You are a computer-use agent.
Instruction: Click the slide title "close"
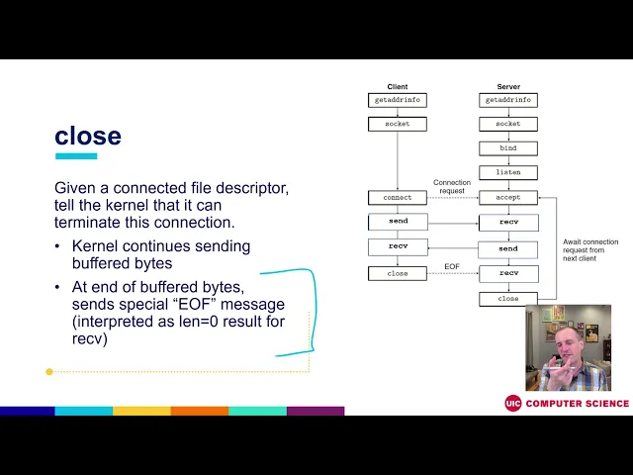pyautogui.click(x=88, y=136)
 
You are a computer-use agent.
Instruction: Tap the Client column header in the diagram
pyautogui.click(x=397, y=87)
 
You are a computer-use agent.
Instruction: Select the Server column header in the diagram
pyautogui.click(x=508, y=87)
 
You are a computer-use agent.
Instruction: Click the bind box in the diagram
pyautogui.click(x=508, y=148)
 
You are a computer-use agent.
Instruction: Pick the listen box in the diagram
pyautogui.click(x=508, y=172)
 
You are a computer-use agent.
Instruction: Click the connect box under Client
pyautogui.click(x=397, y=198)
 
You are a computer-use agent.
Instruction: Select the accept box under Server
pyautogui.click(x=508, y=198)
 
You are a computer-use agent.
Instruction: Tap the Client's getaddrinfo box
pyautogui.click(x=397, y=100)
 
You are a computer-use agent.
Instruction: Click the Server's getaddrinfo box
pyautogui.click(x=508, y=100)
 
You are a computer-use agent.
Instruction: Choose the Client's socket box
pyautogui.click(x=397, y=124)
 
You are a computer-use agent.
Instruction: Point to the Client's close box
pyautogui.click(x=397, y=273)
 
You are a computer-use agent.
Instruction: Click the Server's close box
pyautogui.click(x=508, y=298)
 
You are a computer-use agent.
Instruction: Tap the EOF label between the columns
pyautogui.click(x=452, y=266)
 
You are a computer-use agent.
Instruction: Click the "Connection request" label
pyautogui.click(x=452, y=186)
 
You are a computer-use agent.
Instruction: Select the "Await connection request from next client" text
pyautogui.click(x=590, y=253)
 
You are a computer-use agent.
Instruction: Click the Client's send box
pyautogui.click(x=397, y=222)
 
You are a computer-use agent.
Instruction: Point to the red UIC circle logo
pyautogui.click(x=512, y=403)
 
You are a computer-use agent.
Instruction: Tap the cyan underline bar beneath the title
pyautogui.click(x=76, y=156)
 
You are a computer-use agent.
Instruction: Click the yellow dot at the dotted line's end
pyautogui.click(x=49, y=372)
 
